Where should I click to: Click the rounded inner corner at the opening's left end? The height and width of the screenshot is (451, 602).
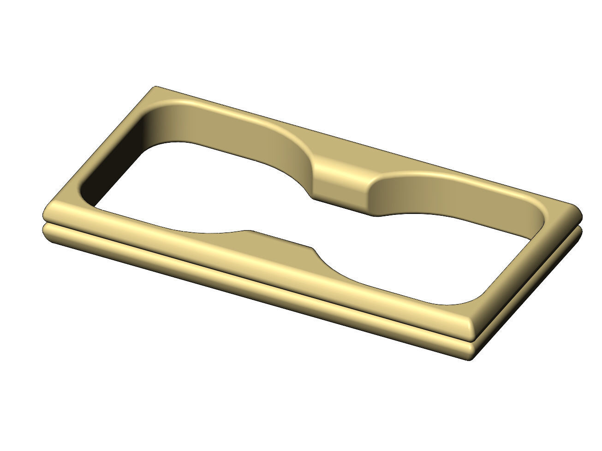88,194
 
